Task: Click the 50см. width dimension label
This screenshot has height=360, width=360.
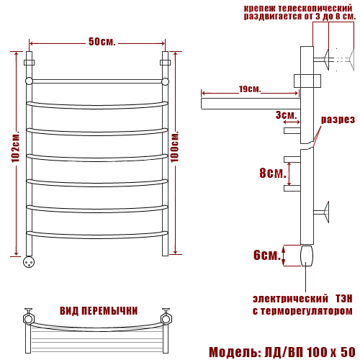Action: [102, 42]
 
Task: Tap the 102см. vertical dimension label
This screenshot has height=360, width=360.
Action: [15, 147]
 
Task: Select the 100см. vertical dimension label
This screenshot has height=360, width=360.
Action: [174, 147]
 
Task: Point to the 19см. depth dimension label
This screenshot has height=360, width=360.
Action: [250, 89]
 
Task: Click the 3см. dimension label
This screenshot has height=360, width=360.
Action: [286, 115]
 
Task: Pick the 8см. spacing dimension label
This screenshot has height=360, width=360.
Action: [273, 173]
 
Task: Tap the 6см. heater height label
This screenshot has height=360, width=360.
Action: [267, 255]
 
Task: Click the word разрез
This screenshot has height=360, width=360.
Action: [338, 120]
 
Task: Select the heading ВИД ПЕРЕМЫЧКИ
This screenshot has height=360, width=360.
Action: [99, 311]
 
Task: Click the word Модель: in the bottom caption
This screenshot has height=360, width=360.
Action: [235, 352]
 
